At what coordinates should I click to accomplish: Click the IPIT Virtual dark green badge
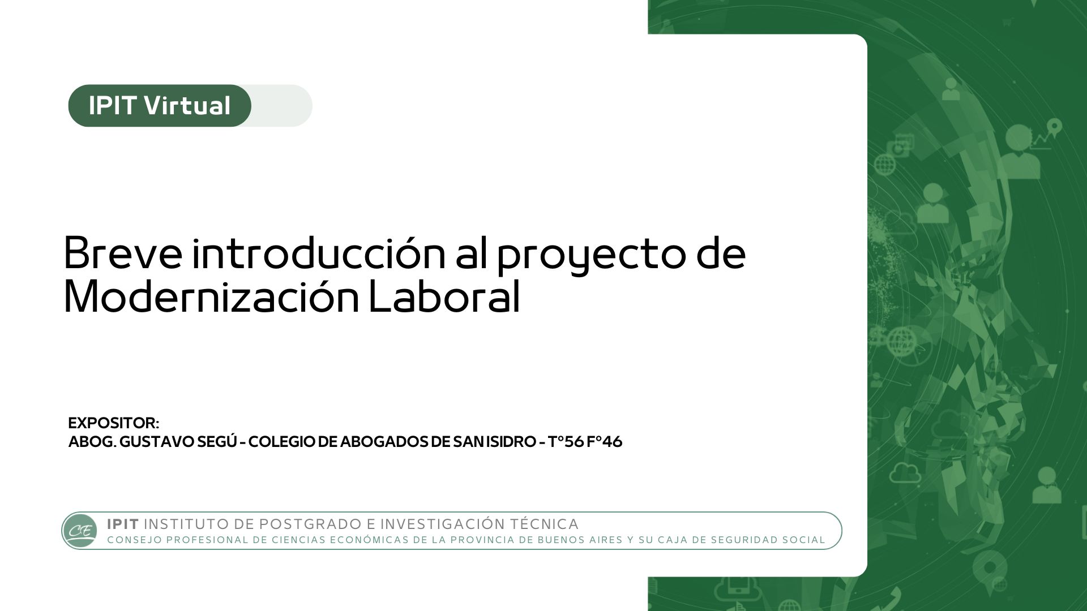point(160,106)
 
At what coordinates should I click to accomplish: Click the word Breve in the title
point(123,253)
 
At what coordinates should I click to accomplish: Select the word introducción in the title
point(319,252)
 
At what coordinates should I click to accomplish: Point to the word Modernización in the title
point(211,296)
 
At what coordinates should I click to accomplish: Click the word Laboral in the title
point(444,296)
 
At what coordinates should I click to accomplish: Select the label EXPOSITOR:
point(114,423)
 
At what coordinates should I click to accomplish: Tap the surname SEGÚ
point(217,441)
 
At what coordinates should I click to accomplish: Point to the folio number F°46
point(605,442)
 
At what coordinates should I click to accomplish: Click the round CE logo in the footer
point(80,531)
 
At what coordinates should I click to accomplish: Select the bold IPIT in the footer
point(123,524)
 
